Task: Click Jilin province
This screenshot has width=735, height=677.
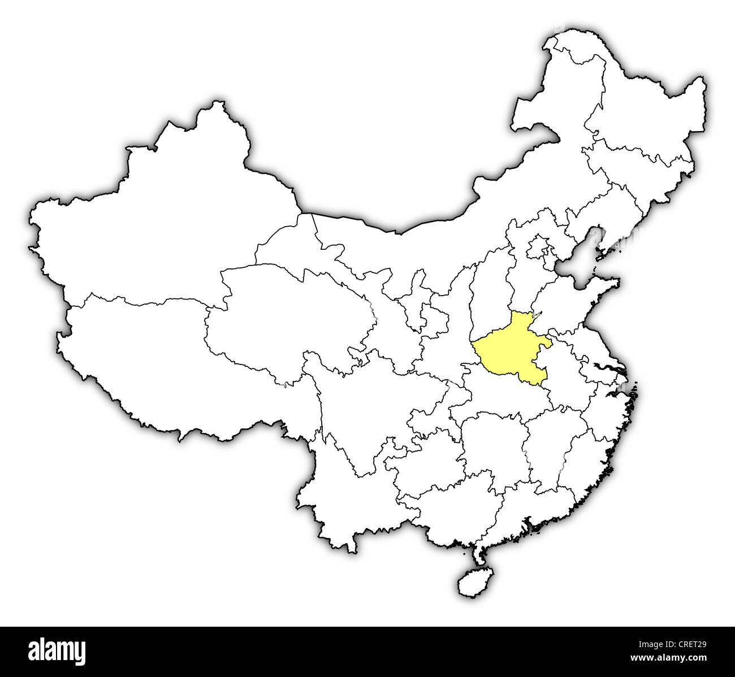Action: click(639, 170)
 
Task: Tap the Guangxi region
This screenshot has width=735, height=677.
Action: click(447, 503)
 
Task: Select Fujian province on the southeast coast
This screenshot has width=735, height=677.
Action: click(582, 463)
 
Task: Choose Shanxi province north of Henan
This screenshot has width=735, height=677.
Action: click(492, 283)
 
